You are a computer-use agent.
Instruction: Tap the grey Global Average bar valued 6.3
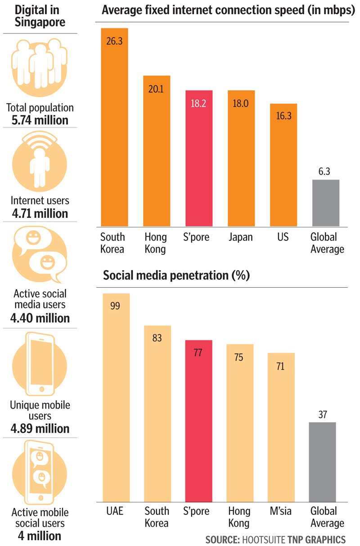tap(325, 203)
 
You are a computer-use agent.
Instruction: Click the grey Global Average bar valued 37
tap(323, 461)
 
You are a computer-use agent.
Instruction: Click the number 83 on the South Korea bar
tap(157, 338)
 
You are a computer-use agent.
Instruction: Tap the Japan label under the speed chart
tap(240, 237)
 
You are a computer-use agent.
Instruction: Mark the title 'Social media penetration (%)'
tap(176, 275)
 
